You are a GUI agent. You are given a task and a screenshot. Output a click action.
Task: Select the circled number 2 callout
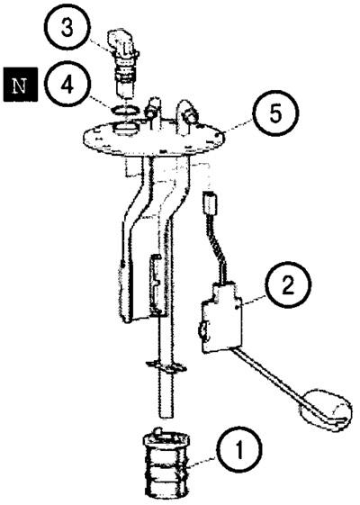coord(288,285)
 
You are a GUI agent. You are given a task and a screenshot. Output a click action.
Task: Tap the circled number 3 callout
coord(67,27)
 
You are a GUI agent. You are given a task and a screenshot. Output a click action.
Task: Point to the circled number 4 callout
coord(67,86)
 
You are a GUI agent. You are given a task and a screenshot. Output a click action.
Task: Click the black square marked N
coord(21,85)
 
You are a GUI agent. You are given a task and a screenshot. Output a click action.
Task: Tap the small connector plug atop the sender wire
coord(210,203)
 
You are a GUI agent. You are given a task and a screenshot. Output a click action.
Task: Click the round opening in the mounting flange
coord(126,129)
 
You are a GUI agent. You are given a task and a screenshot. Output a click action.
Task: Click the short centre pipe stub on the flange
coord(153,110)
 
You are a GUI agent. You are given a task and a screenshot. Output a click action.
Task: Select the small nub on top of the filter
coord(157,431)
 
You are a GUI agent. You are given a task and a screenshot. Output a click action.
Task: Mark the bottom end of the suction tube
coord(166,418)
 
